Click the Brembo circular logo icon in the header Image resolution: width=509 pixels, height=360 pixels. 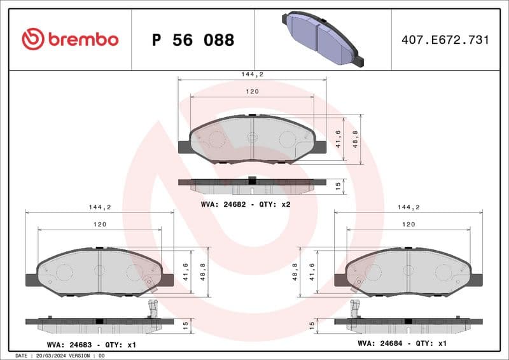(32, 39)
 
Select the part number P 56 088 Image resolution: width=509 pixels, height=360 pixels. (193, 40)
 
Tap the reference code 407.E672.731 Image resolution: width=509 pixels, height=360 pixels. (445, 40)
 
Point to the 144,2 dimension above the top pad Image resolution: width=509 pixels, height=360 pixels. (252, 74)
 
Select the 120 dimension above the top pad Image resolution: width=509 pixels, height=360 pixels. (252, 92)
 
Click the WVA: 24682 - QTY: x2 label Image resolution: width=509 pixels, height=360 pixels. (246, 204)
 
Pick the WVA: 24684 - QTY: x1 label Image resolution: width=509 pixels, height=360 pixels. (403, 343)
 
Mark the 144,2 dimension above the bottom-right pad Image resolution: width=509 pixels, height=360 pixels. (408, 207)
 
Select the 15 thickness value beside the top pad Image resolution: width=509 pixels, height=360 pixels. (338, 186)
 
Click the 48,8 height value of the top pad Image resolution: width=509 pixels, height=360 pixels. (356, 139)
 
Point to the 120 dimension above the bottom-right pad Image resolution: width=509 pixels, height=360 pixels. (408, 225)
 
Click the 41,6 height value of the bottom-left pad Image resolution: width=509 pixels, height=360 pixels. (185, 272)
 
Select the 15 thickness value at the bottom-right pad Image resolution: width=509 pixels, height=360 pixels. (312, 324)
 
